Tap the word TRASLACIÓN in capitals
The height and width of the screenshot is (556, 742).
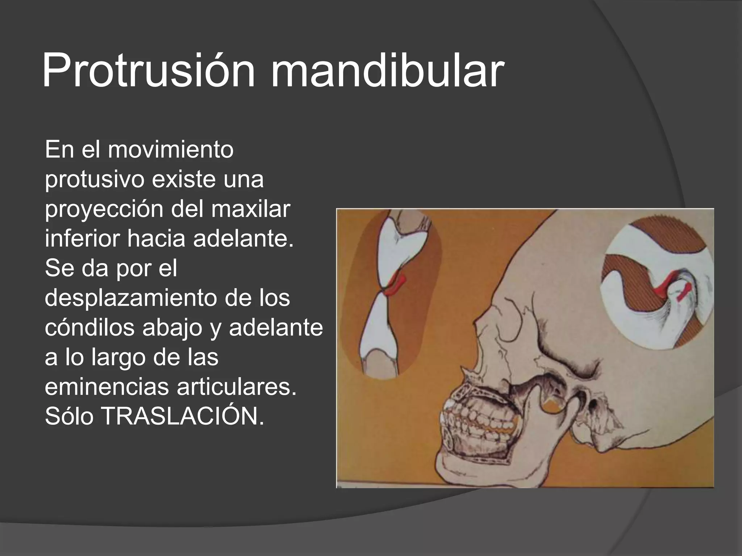(x=182, y=416)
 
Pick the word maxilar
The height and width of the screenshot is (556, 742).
(x=250, y=209)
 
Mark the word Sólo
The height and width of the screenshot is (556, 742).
(x=69, y=416)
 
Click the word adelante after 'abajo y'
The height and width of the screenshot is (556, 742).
(x=275, y=328)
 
